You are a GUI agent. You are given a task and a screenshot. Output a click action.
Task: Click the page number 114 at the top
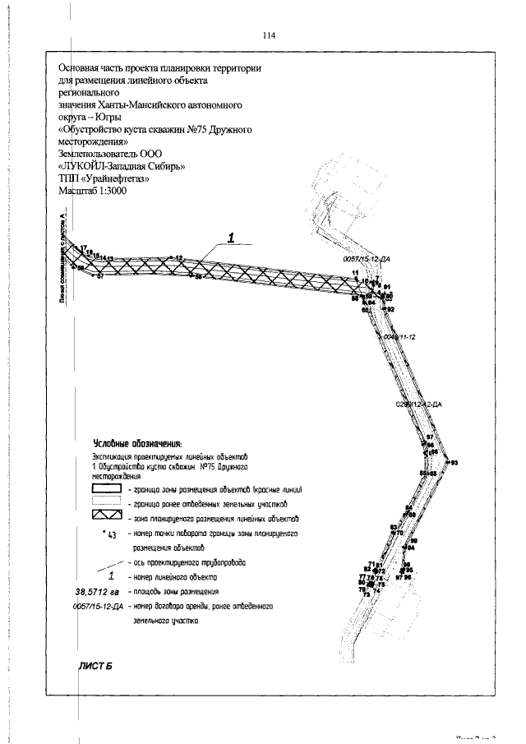(x=268, y=35)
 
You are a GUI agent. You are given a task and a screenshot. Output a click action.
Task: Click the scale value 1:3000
(x=131, y=191)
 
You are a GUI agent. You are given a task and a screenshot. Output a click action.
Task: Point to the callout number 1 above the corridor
(x=232, y=238)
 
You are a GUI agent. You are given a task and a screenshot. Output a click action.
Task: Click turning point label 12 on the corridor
(x=178, y=257)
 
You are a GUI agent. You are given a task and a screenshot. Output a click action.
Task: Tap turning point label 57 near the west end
(x=99, y=276)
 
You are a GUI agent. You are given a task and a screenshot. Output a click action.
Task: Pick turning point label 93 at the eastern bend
(x=453, y=464)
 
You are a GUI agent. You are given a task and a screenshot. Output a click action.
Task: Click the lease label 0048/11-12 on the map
(x=401, y=338)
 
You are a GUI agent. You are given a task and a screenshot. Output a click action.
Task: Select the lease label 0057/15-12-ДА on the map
(x=366, y=258)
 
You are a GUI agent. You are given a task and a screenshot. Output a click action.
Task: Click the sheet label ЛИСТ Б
(x=95, y=666)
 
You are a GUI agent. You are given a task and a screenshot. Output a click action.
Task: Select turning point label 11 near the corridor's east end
(x=355, y=273)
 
